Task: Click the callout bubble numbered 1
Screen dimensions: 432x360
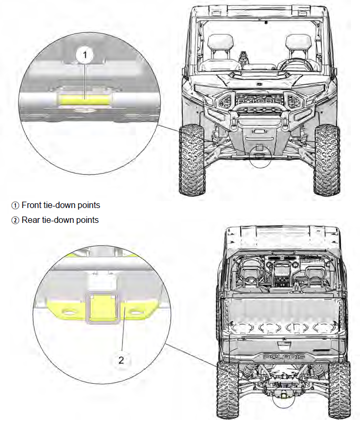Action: click(84, 54)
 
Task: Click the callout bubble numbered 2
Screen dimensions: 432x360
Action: click(121, 360)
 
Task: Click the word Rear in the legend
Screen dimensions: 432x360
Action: click(31, 220)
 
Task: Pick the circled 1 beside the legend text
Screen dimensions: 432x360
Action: click(15, 205)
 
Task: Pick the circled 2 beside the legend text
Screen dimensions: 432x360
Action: click(15, 220)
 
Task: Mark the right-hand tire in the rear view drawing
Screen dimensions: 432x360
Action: click(339, 390)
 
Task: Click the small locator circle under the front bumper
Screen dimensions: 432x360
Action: click(260, 158)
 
